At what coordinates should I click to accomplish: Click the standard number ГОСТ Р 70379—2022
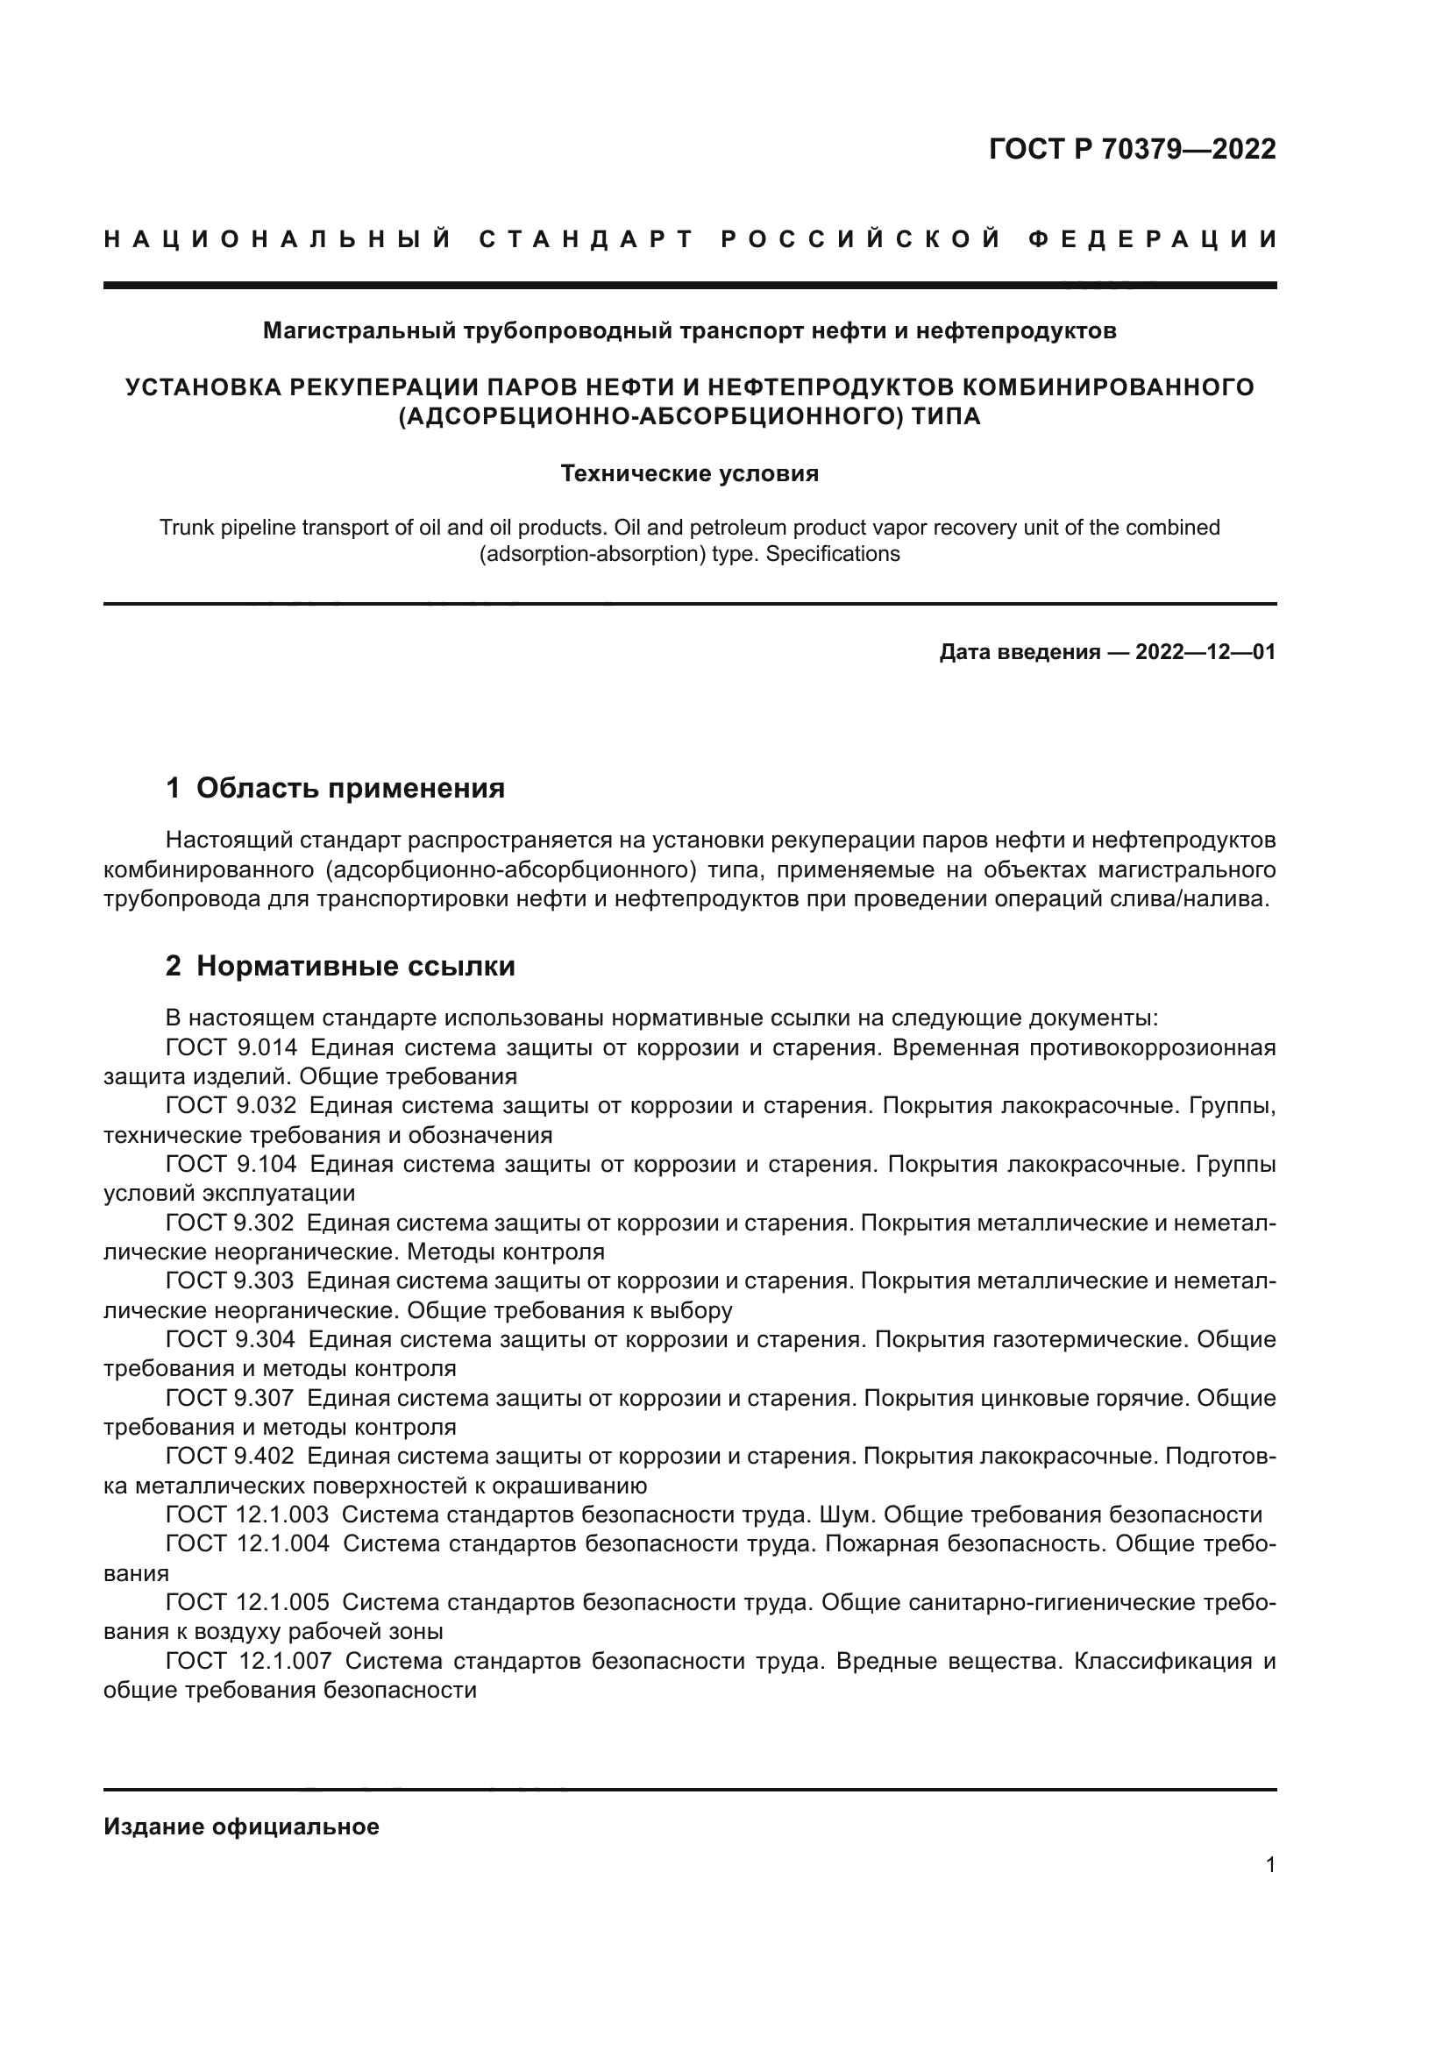(1131, 149)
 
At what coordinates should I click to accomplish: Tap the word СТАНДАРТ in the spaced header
(586, 239)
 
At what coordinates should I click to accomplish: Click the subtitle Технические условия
(689, 473)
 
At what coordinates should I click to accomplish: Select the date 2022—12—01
(1205, 653)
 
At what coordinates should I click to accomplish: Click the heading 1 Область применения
(335, 789)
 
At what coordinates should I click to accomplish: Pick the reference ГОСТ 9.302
(230, 1223)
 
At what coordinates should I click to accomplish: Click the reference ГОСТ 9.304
(231, 1339)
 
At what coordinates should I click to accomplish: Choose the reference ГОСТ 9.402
(230, 1457)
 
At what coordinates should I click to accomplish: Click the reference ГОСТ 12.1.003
(247, 1514)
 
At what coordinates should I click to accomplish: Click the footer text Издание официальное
(241, 1827)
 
